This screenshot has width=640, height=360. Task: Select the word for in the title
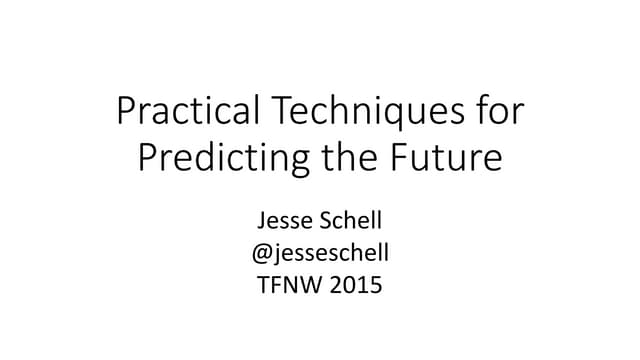(x=497, y=111)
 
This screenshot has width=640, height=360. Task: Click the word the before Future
(x=348, y=157)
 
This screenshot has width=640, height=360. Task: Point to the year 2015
(x=357, y=285)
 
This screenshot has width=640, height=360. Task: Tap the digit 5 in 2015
(x=375, y=285)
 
